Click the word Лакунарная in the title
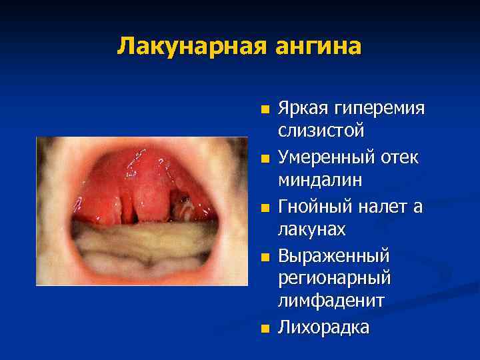190,46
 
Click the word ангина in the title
316,46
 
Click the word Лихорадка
323,327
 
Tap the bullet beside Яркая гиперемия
265,109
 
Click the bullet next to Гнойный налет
265,208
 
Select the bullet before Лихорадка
265,327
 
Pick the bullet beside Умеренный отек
265,159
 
